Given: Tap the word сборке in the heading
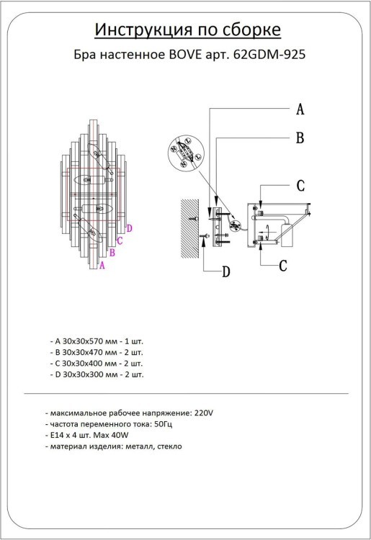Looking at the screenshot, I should [249, 30].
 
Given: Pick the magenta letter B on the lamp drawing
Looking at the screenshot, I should [112, 252].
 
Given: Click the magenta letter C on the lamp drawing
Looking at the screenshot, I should [120, 240].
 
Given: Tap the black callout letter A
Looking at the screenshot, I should [300, 109].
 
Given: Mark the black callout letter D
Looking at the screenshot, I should [225, 272].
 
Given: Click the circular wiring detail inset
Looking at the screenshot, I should [186, 153].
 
